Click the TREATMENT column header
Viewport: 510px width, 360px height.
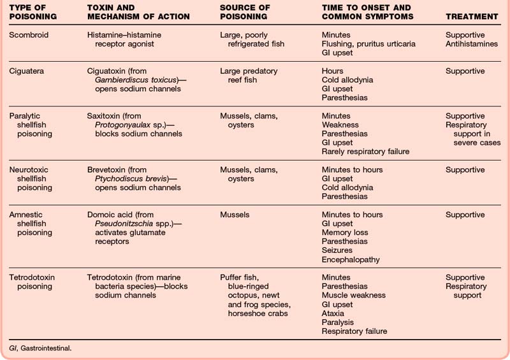(x=471, y=16)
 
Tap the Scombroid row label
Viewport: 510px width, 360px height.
(x=29, y=35)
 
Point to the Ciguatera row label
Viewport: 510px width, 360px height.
(x=28, y=71)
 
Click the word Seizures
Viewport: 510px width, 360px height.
(x=338, y=250)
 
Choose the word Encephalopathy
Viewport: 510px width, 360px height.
(x=351, y=259)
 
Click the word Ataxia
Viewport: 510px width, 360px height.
(x=335, y=313)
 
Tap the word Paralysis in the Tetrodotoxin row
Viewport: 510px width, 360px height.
(x=338, y=322)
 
